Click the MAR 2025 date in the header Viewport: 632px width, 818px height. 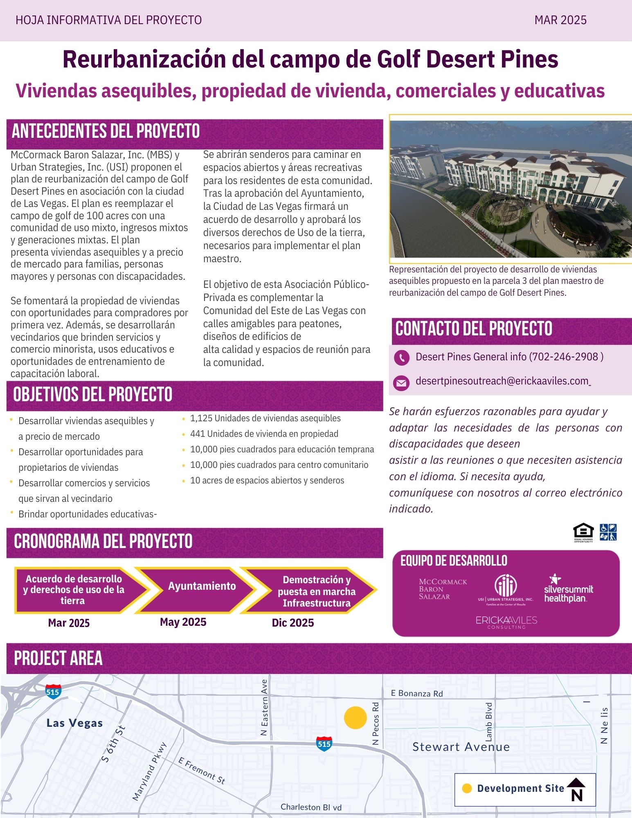pyautogui.click(x=560, y=20)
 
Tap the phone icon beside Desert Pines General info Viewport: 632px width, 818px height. pyautogui.click(x=401, y=357)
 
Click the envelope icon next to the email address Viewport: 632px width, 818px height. pyautogui.click(x=401, y=383)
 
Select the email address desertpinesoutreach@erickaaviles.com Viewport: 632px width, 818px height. pyautogui.click(x=502, y=381)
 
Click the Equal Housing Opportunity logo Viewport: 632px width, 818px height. pyautogui.click(x=583, y=533)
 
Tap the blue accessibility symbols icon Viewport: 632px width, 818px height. pyautogui.click(x=608, y=532)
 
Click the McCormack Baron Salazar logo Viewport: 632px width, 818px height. pyautogui.click(x=442, y=589)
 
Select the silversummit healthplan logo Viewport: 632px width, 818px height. pyautogui.click(x=568, y=589)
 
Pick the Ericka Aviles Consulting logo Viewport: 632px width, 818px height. pyautogui.click(x=506, y=622)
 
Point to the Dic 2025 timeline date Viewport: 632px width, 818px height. pyautogui.click(x=293, y=622)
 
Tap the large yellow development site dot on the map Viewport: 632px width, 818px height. pyautogui.click(x=355, y=717)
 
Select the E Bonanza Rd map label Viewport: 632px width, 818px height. pyautogui.click(x=416, y=693)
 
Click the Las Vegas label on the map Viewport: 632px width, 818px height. pyautogui.click(x=74, y=723)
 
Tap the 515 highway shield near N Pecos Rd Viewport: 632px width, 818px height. pyautogui.click(x=324, y=744)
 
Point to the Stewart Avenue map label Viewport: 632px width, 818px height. pyautogui.click(x=461, y=747)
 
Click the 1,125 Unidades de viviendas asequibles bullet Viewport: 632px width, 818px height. pyautogui.click(x=265, y=418)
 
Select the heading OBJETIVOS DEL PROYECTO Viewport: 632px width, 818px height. pyautogui.click(x=93, y=395)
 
